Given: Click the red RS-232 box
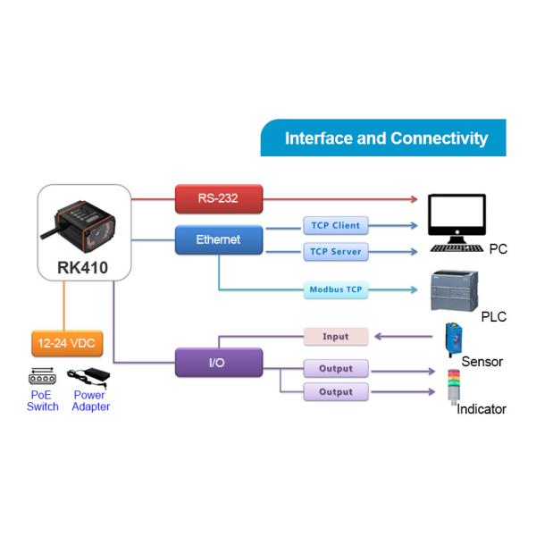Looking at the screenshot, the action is coord(219,198).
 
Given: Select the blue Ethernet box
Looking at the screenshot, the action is coord(219,239).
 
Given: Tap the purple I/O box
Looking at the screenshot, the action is coord(219,363).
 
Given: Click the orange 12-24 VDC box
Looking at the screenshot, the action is coord(67,343).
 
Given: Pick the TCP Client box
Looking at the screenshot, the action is coord(336,226).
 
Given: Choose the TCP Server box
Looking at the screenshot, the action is coord(336,252).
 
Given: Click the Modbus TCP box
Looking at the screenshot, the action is coord(336,289).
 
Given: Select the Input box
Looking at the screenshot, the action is coord(336,337).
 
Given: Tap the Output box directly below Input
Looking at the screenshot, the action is coord(336,368).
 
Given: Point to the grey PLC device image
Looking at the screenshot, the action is coord(455,290).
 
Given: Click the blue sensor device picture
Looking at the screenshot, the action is coord(454,339).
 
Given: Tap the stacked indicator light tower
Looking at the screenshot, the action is coord(454,386).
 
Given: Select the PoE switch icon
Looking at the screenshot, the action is coord(42,376).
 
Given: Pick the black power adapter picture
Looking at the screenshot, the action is coord(88,378).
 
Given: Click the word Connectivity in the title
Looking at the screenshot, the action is coord(439,138).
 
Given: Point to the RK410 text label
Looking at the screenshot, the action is coord(82,268).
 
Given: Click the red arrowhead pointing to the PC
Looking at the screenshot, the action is coord(414,199).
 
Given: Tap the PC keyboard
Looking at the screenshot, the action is coord(456,248).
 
